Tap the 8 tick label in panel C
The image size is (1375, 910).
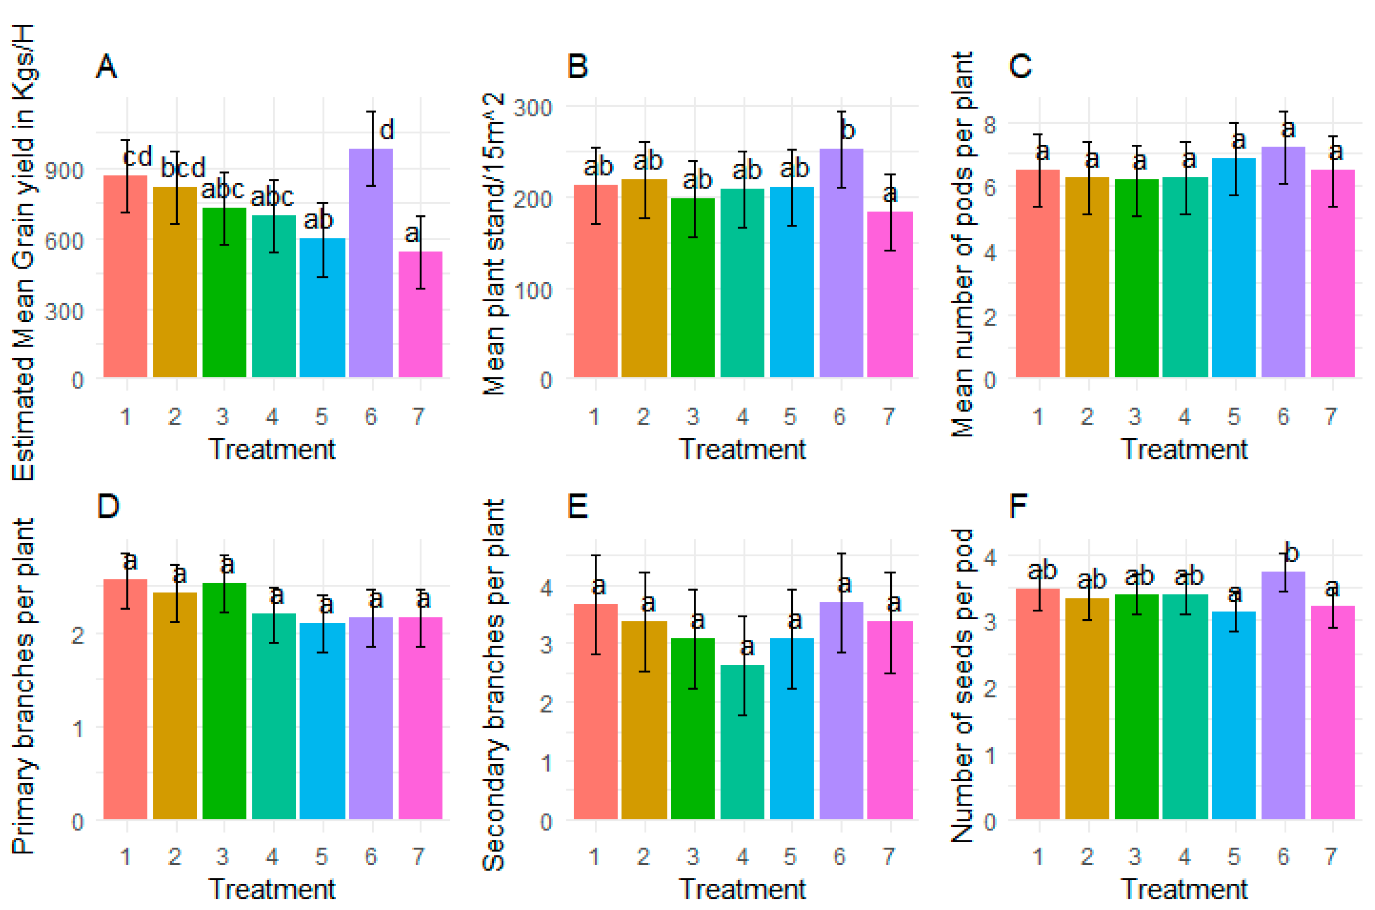(x=990, y=124)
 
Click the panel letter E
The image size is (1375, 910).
(x=577, y=506)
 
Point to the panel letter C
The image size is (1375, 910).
(x=1020, y=66)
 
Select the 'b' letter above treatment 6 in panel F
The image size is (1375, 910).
(x=1291, y=553)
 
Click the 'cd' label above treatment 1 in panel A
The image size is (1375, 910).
(x=137, y=156)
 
